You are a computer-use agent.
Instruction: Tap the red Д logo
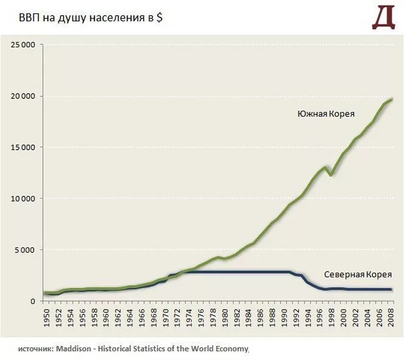point(384,18)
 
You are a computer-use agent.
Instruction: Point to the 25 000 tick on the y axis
point(23,44)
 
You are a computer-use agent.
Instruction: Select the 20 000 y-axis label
point(23,96)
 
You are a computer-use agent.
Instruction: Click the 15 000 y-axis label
point(23,147)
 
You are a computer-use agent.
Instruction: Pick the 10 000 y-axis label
point(23,199)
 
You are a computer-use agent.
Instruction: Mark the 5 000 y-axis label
point(25,250)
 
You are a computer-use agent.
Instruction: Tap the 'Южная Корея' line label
point(326,114)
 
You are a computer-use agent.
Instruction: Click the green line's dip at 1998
point(331,175)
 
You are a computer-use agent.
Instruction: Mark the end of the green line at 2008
point(391,99)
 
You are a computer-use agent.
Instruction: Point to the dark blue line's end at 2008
point(391,289)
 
